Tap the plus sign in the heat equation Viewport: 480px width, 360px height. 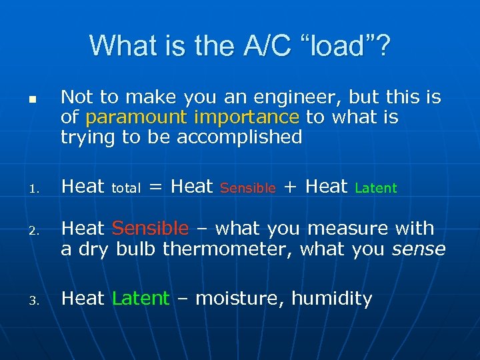[291, 187]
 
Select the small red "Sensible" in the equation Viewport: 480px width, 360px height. [247, 189]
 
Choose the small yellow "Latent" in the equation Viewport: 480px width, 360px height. [376, 189]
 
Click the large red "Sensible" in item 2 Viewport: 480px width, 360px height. [151, 229]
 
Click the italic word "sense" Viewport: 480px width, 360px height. [418, 249]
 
